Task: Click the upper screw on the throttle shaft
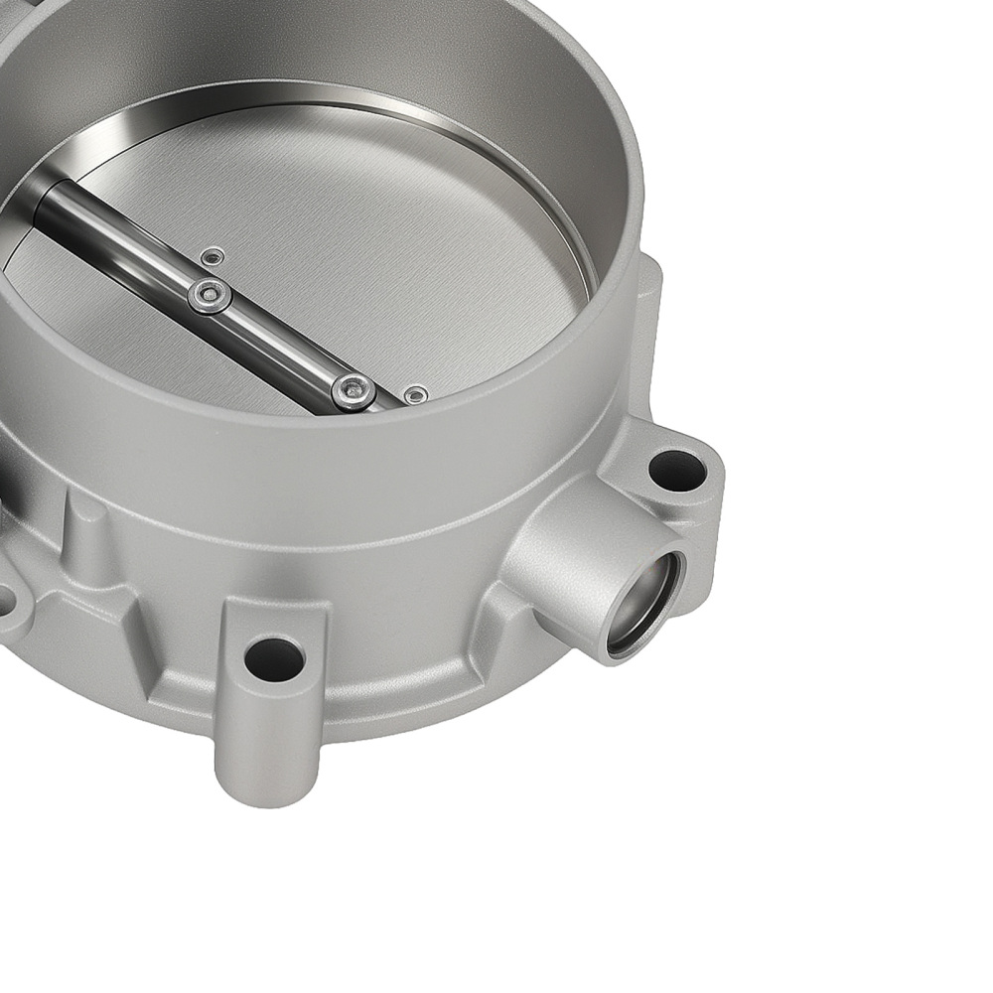pyautogui.click(x=210, y=295)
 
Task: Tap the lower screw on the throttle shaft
pyautogui.click(x=354, y=390)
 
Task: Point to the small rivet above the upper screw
pyautogui.click(x=212, y=258)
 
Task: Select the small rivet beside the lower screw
pyautogui.click(x=416, y=395)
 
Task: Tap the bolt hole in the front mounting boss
pyautogui.click(x=274, y=659)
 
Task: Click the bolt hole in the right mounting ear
pyautogui.click(x=677, y=471)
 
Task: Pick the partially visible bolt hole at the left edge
pyautogui.click(x=5, y=600)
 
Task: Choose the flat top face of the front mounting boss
pyautogui.click(x=273, y=621)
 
